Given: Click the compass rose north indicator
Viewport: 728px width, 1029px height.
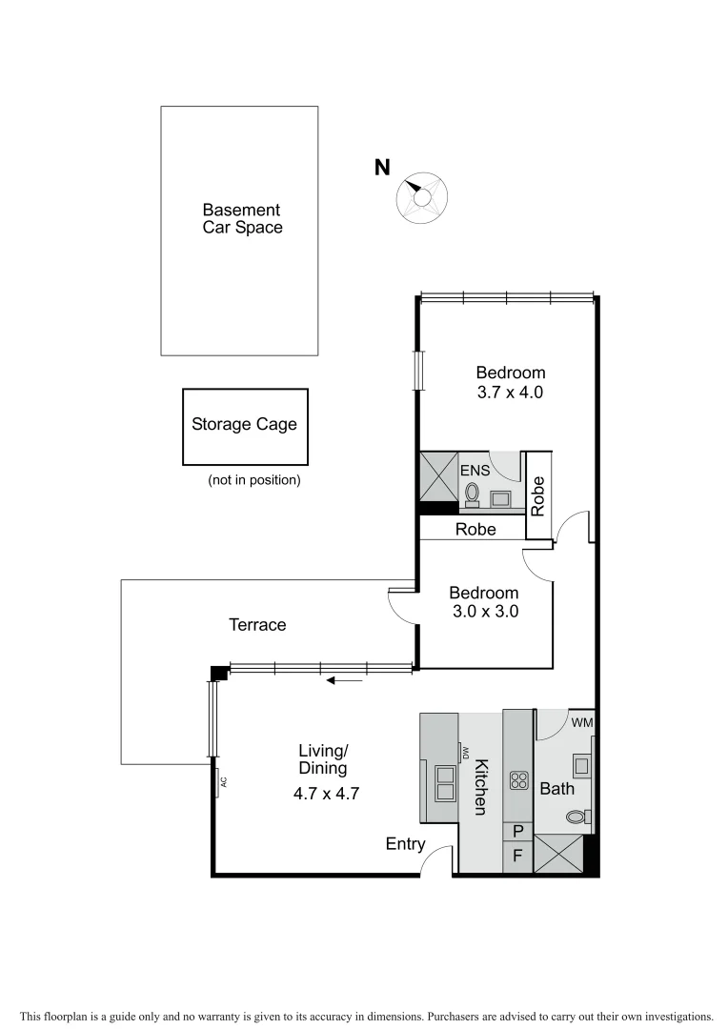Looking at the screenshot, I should pos(419,196).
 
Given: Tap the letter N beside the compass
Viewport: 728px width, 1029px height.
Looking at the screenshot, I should pos(382,168).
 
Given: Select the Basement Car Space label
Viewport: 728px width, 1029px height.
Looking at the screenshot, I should pos(241,218).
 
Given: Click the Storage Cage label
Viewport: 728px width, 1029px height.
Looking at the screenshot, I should pos(244,424).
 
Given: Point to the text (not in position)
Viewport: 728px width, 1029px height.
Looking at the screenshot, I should pos(253,480).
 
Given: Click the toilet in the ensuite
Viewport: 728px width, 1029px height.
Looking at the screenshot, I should pos(472,494).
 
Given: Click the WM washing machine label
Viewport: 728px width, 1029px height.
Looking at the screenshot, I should pos(581,722).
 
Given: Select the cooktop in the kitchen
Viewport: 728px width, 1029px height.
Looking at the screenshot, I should pos(518,781).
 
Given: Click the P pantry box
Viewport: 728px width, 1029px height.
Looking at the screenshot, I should pos(517,831).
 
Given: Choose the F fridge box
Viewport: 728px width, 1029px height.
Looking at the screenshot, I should pos(517,856).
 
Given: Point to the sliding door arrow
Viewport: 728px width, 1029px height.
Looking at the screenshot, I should pos(344,680).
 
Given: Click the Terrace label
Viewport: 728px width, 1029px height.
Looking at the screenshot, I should pos(257,625).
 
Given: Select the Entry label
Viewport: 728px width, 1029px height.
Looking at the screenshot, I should pos(404,843).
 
